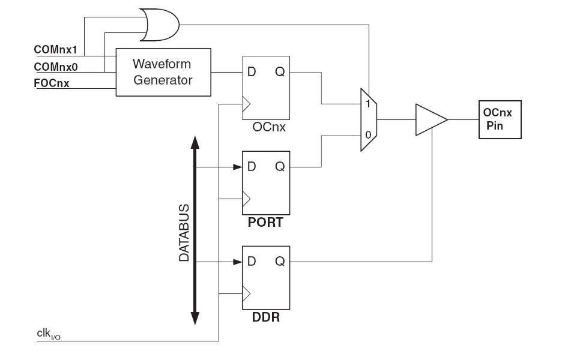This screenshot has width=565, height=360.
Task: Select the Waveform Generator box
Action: click(163, 71)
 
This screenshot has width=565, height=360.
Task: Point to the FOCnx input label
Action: click(51, 83)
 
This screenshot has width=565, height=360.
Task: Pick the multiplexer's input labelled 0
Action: click(367, 135)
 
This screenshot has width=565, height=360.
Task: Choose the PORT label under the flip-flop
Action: click(265, 223)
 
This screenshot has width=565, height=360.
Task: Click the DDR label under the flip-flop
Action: click(265, 317)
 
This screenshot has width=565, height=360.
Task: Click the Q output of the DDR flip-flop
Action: click(279, 262)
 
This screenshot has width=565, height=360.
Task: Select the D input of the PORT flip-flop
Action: click(252, 167)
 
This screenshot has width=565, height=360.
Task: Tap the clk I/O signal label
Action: click(47, 334)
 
